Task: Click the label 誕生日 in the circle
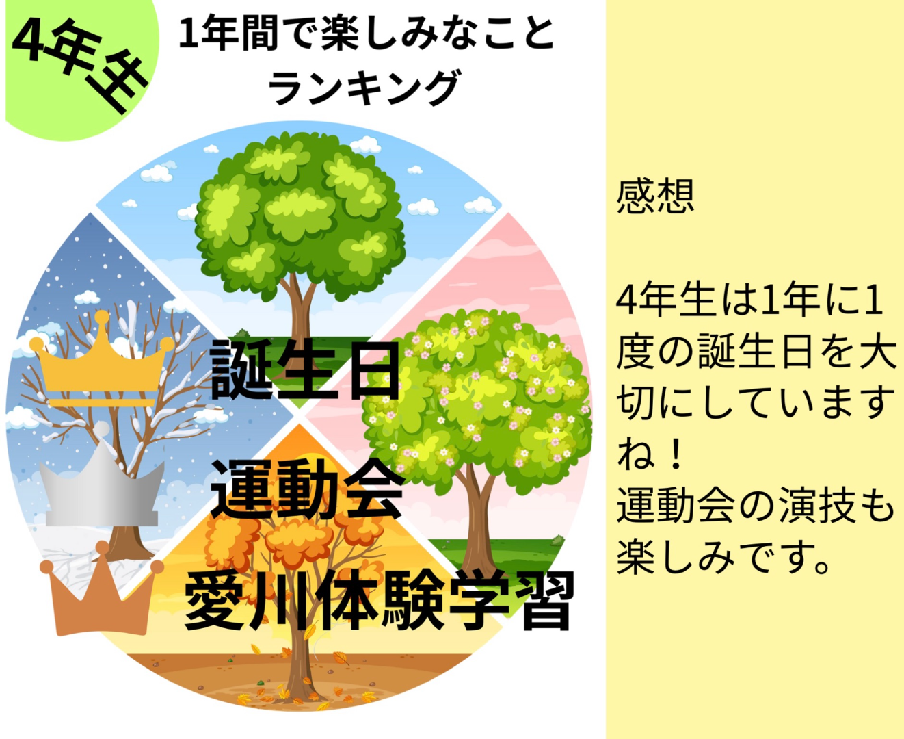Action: pyautogui.click(x=305, y=369)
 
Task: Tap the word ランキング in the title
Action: pyautogui.click(x=364, y=88)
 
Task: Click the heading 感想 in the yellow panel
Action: pyautogui.click(x=655, y=196)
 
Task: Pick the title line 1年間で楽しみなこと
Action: pyautogui.click(x=367, y=34)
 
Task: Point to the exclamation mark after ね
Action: pyautogui.click(x=676, y=456)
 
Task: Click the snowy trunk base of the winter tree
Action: pyautogui.click(x=124, y=549)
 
